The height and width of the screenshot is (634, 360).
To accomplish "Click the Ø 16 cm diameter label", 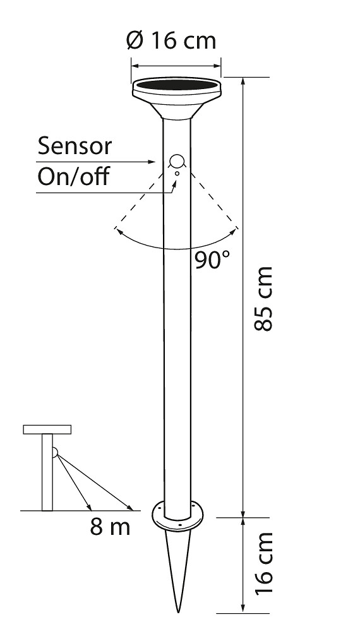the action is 171,40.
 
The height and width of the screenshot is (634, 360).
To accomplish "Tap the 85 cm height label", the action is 263,299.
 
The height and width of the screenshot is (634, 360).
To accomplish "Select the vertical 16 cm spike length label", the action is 264,563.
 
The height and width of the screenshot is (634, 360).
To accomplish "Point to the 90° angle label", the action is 212,260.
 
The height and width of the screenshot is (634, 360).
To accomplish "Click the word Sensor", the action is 75,146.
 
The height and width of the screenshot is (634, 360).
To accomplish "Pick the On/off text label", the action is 73,176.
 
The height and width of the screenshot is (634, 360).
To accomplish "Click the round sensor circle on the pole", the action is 176,161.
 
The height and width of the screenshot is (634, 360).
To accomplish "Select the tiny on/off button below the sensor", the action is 177,173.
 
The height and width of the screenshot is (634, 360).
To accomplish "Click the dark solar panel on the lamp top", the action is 176,85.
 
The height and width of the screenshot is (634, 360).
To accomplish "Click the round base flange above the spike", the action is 177,517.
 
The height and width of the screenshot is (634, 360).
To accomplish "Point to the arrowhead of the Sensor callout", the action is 152,162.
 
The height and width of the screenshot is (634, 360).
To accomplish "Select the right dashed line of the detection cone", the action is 213,200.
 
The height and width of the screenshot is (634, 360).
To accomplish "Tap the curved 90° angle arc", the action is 176,249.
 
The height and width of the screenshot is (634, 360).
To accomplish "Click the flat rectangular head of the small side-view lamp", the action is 47,429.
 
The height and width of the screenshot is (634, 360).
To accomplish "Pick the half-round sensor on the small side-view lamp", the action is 55,452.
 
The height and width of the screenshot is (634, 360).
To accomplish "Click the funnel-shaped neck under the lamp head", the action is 176,110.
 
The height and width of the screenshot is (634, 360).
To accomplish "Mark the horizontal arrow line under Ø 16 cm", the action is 176,66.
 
